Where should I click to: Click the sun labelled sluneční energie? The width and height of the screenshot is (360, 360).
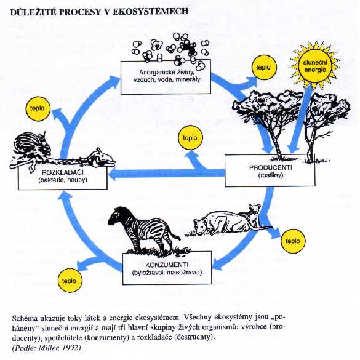pyautogui.click(x=315, y=66)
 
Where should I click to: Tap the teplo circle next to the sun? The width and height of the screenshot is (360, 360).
pyautogui.click(x=264, y=68)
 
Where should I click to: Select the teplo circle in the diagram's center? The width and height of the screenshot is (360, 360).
pyautogui.click(x=190, y=137)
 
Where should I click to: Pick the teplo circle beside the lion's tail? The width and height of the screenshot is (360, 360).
pyautogui.click(x=293, y=241)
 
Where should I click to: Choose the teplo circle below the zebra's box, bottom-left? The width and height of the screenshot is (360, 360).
pyautogui.click(x=70, y=281)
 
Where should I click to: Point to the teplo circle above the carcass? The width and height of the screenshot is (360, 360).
pyautogui.click(x=38, y=108)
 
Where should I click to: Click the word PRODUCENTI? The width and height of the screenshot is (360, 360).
pyautogui.click(x=270, y=168)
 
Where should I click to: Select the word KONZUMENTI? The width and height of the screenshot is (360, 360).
pyautogui.click(x=167, y=265)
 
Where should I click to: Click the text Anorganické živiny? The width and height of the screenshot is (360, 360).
pyautogui.click(x=167, y=73)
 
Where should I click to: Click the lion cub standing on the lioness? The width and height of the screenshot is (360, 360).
pyautogui.click(x=254, y=214)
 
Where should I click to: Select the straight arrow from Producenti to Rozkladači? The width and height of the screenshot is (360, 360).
pyautogui.click(x=166, y=174)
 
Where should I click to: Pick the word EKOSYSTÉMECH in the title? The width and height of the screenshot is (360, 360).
pyautogui.click(x=150, y=12)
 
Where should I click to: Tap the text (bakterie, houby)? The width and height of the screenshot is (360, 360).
pyautogui.click(x=63, y=180)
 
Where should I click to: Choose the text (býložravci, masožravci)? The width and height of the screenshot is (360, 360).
pyautogui.click(x=167, y=273)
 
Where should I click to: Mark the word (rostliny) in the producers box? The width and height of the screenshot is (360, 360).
pyautogui.click(x=270, y=175)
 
